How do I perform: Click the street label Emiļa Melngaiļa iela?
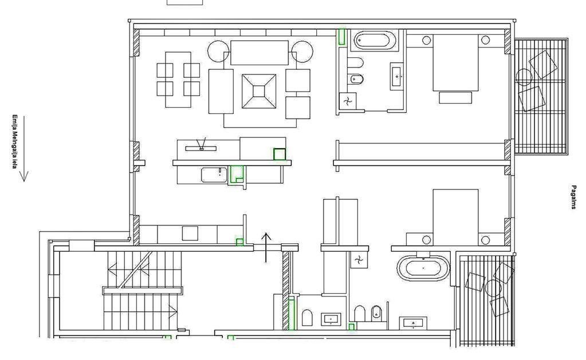coord(14,141)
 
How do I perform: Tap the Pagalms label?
coord(573,197)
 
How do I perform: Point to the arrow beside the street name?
coord(24,149)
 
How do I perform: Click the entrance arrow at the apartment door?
coord(266,247)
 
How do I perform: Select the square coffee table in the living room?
coord(258,91)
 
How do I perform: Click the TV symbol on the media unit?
coord(201,145)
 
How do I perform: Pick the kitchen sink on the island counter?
coord(214,175)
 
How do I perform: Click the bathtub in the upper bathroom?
coord(375,39)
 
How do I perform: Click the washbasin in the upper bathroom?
coord(396,77)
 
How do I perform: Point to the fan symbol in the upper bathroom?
coord(348,101)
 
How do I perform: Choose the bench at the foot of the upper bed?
coord(455,97)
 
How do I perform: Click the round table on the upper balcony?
coord(524,77)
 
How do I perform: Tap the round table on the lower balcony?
coord(493,288)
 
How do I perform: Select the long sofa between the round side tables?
coord(259,53)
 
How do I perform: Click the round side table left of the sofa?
coord(219,51)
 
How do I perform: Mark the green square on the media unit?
coord(280,154)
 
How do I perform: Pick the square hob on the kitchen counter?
coord(190,233)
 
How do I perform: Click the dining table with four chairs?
coord(178,79)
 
